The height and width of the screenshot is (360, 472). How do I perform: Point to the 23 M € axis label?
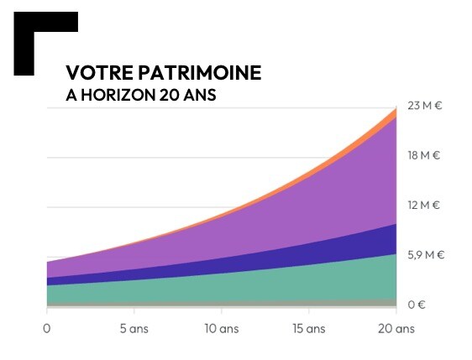tap(424, 106)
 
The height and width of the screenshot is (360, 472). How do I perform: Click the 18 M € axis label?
tap(424, 155)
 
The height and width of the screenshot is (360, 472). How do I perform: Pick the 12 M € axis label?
tap(424, 205)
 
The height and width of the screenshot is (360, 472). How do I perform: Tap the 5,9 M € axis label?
tap(426, 254)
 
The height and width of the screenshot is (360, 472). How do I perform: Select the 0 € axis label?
tap(417, 304)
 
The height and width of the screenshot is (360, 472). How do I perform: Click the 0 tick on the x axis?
tap(47, 328)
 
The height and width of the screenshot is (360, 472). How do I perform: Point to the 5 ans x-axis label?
tap(134, 328)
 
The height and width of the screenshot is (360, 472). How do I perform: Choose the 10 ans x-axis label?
tap(222, 328)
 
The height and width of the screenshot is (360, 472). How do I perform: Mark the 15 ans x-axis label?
tap(308, 328)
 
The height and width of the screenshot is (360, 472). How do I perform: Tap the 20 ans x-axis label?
tap(396, 328)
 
